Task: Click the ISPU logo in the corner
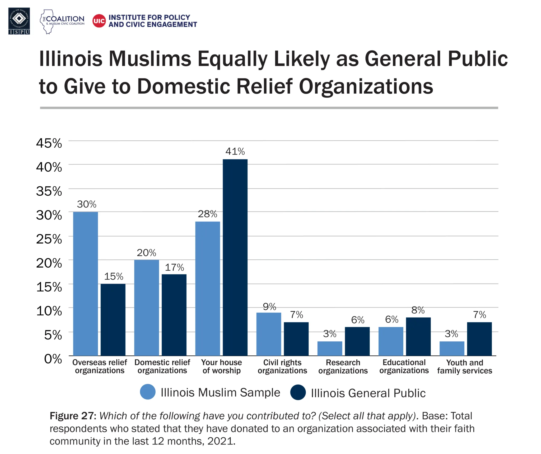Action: tap(19, 21)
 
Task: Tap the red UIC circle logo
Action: tap(99, 21)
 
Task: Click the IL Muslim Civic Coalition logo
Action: tap(62, 21)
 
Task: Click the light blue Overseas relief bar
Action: tap(85, 283)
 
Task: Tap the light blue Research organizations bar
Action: tap(329, 348)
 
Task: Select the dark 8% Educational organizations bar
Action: tap(418, 336)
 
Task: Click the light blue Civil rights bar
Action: tap(268, 334)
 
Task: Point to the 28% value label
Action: tap(207, 214)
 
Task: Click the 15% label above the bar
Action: tap(114, 277)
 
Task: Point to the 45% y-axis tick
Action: tap(49, 143)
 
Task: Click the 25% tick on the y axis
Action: tap(49, 239)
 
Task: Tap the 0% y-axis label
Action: tap(53, 359)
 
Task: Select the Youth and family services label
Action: tap(464, 366)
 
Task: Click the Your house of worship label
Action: tap(221, 366)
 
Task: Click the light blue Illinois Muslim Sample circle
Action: tap(148, 392)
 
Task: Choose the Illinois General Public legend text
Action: tap(368, 393)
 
